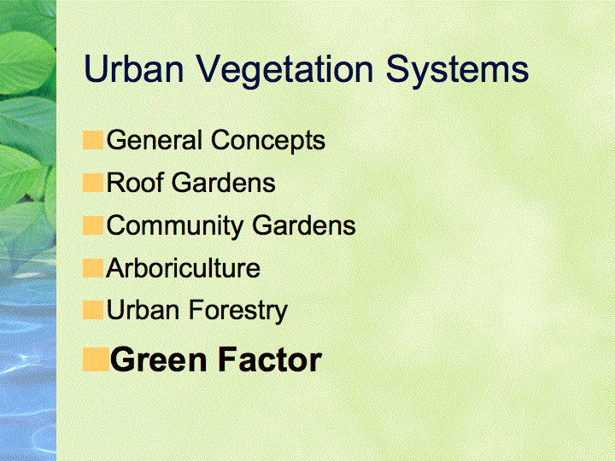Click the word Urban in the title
(134, 68)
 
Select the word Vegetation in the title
(284, 73)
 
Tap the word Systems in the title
(457, 73)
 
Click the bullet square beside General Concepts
(93, 140)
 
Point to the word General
(154, 140)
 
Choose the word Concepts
(268, 142)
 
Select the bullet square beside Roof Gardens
(93, 183)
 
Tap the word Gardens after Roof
(224, 183)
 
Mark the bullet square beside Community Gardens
(93, 225)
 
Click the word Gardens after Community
(304, 225)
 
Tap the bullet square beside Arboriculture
(93, 268)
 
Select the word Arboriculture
(183, 268)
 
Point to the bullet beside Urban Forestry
(93, 310)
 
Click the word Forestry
(238, 312)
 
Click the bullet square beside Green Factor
(96, 359)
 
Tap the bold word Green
(159, 360)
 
